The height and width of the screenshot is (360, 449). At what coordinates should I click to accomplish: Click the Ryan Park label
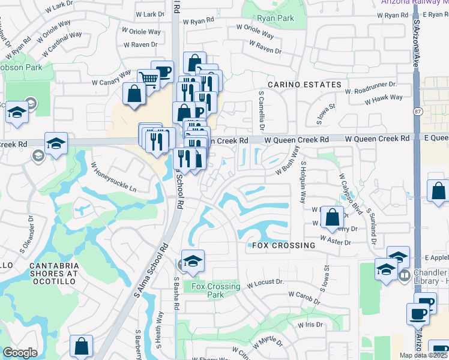point(276,18)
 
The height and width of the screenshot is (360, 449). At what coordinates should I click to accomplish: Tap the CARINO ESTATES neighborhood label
point(304,85)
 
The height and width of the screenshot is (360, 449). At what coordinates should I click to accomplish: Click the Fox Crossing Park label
point(215,290)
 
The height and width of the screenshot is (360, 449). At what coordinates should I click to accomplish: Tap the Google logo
point(20,353)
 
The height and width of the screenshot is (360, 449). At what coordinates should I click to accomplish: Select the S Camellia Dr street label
point(262,111)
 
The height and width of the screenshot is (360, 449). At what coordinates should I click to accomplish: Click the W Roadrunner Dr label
point(371,88)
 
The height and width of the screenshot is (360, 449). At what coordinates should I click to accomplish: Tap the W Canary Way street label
point(111,77)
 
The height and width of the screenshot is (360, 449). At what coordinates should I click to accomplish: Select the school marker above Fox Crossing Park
point(193,261)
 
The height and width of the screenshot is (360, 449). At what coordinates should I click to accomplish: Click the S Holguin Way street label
point(303,181)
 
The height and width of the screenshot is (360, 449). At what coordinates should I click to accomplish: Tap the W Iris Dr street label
point(310,325)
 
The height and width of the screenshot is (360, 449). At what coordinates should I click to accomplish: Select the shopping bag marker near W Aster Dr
point(332,217)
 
